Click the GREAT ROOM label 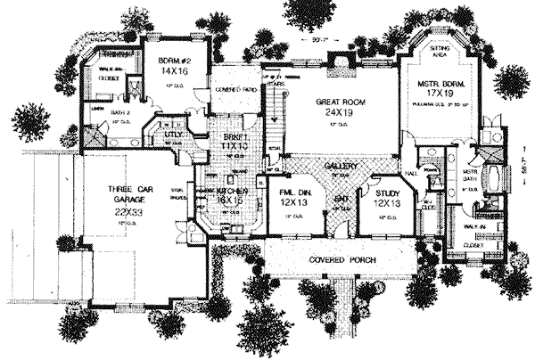point(336,102)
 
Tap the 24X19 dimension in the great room point(336,114)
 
